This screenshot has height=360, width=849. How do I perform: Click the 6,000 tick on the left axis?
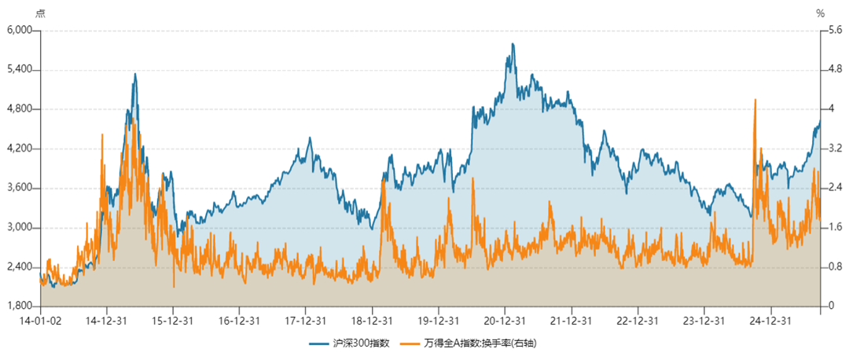(18, 30)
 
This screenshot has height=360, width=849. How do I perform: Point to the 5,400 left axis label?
(18, 69)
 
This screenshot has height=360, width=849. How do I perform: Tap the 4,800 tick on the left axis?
(18, 108)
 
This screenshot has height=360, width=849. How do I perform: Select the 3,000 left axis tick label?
(18, 227)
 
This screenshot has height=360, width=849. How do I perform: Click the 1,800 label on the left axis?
(18, 306)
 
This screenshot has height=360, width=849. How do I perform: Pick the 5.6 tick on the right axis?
(832, 30)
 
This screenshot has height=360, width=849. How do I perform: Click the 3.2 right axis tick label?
(832, 148)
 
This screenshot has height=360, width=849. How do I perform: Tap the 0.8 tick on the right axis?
(832, 266)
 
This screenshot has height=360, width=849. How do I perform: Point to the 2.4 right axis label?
(832, 188)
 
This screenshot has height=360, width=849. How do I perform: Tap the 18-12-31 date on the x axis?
(373, 321)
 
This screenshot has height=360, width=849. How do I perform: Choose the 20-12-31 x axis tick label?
(505, 321)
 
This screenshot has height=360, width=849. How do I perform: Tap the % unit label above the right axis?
(820, 13)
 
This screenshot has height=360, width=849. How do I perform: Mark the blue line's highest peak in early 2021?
(513, 44)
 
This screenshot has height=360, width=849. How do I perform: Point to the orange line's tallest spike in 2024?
(755, 100)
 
